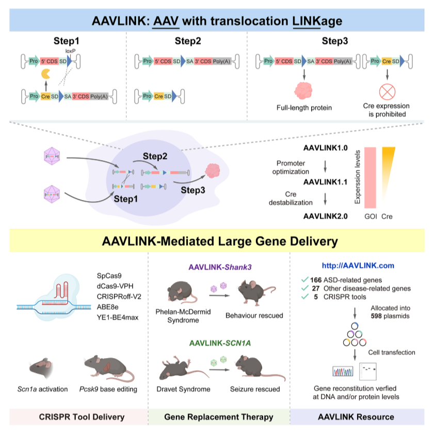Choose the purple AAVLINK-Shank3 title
pos(219,267)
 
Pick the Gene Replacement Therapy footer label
pos(219,416)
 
